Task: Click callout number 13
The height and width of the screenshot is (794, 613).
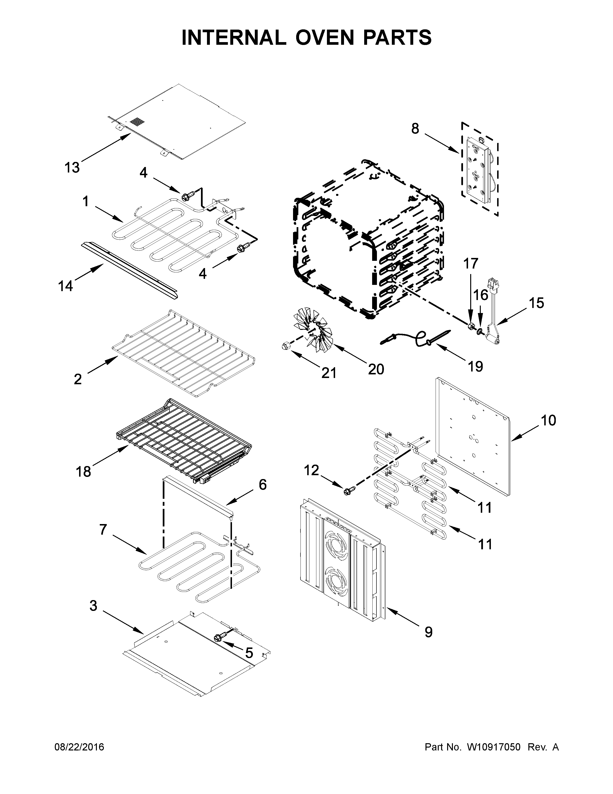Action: point(72,168)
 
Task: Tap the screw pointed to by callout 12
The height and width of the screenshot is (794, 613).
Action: point(347,492)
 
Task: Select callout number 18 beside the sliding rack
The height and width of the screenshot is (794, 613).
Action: point(83,472)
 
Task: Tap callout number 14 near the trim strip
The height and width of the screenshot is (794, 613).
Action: point(65,286)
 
